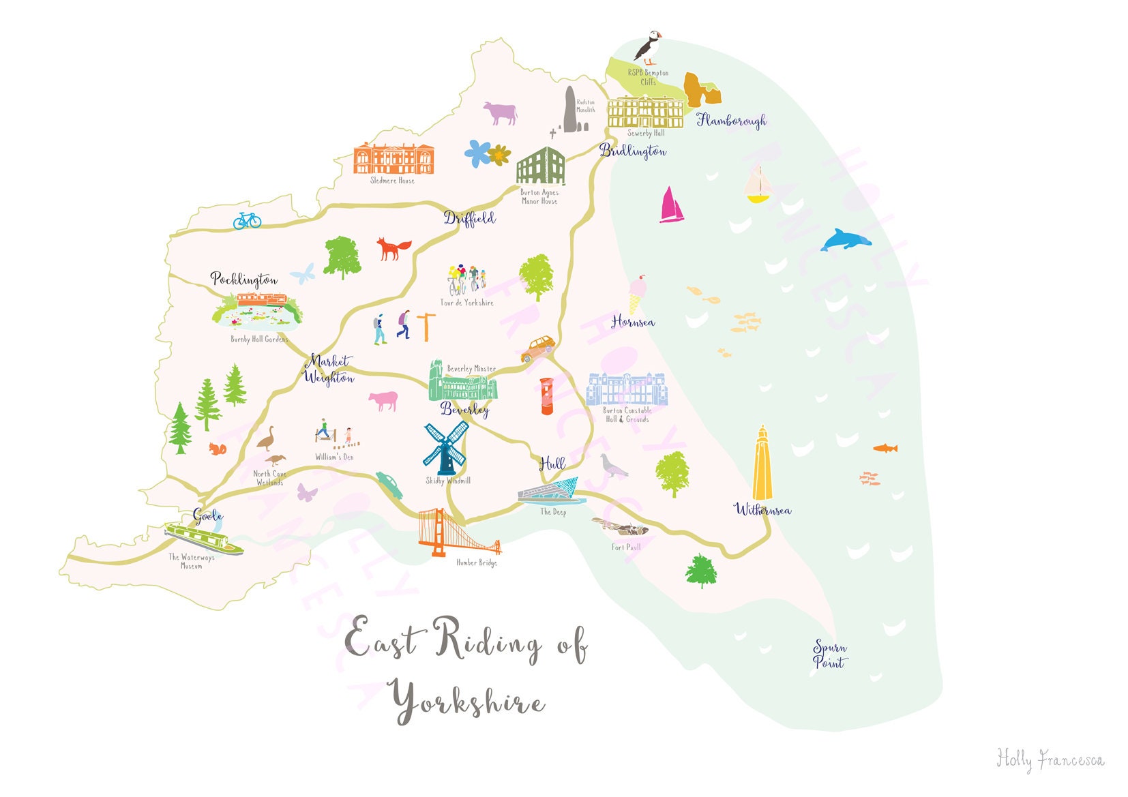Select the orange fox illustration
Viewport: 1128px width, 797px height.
[394, 249]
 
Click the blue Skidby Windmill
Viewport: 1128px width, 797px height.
[446, 447]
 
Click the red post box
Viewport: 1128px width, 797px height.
[547, 396]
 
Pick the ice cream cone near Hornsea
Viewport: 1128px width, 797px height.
[636, 294]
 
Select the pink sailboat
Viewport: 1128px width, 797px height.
[671, 205]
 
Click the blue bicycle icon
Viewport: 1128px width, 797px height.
[247, 220]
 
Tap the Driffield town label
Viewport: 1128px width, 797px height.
[469, 218]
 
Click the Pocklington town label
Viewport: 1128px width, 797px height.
[243, 279]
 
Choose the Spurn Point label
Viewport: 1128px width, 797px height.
[829, 655]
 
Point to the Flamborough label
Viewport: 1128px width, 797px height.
[731, 121]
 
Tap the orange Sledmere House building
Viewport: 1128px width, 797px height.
[394, 159]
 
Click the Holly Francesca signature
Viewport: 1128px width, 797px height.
[1050, 760]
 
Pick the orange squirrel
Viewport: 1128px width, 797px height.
[217, 449]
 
